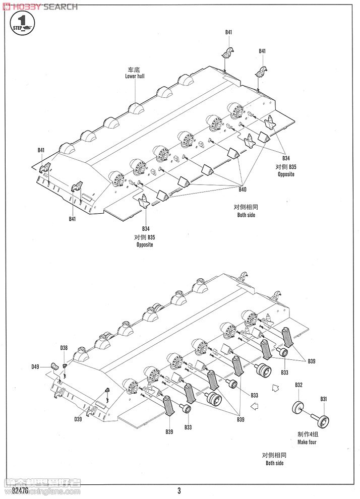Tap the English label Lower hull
tap(135, 76)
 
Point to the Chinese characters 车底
tap(135, 70)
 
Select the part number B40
tap(243, 189)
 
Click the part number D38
tap(64, 348)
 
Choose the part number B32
tap(298, 385)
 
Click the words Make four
tap(307, 442)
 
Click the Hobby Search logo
tap(40, 7)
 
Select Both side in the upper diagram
tap(247, 215)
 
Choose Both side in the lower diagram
tap(275, 463)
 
